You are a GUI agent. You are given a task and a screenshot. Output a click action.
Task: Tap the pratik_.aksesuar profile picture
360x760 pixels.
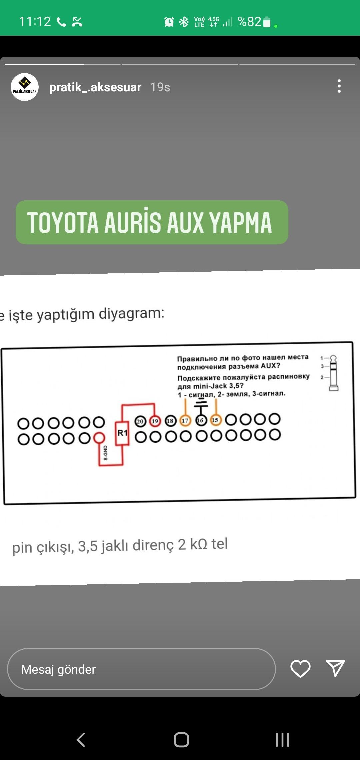[25, 87]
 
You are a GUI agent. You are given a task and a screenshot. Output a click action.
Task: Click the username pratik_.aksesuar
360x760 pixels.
[95, 87]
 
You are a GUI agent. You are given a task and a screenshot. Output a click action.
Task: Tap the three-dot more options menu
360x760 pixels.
[339, 86]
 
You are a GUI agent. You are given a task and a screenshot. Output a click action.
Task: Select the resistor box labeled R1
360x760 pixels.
[122, 433]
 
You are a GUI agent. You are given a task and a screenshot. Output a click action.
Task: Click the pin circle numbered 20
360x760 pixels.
[140, 421]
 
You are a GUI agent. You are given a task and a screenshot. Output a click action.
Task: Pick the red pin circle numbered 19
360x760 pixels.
[155, 421]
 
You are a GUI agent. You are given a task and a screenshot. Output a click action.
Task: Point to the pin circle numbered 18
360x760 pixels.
[170, 421]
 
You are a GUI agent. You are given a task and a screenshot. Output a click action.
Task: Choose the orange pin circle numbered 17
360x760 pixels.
[185, 421]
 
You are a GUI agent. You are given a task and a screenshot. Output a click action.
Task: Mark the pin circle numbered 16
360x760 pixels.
[200, 420]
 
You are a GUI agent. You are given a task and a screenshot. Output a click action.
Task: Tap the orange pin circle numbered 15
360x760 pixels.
[215, 420]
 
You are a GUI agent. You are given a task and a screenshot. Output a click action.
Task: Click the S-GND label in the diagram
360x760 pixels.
[106, 453]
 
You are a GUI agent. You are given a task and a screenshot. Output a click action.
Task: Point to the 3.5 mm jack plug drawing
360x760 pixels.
[333, 373]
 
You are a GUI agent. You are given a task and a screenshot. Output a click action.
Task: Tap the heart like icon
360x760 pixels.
[300, 668]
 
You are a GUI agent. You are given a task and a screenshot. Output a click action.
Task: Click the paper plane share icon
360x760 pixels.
[335, 668]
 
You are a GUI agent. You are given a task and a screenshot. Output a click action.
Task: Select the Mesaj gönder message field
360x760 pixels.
[141, 669]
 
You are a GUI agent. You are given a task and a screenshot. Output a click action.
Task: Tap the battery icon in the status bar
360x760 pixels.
[267, 22]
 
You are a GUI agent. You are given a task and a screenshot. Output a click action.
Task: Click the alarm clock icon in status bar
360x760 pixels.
[169, 22]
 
